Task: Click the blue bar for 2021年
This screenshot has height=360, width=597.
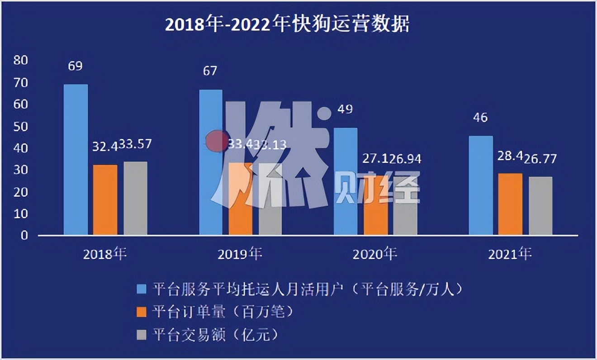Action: click(481, 185)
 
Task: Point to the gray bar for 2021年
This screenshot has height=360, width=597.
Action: click(540, 205)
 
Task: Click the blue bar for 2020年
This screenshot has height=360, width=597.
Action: click(346, 181)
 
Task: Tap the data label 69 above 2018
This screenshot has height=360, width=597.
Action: click(75, 66)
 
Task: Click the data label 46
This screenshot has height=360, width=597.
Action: click(480, 118)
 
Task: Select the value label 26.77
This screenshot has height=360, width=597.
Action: click(540, 159)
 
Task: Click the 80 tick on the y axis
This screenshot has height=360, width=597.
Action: click(21, 60)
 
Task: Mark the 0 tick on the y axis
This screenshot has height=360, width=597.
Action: click(24, 235)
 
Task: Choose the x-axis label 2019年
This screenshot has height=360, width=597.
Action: click(240, 254)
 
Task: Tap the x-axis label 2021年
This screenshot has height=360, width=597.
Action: click(510, 254)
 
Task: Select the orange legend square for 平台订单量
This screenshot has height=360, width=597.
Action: click(142, 312)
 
